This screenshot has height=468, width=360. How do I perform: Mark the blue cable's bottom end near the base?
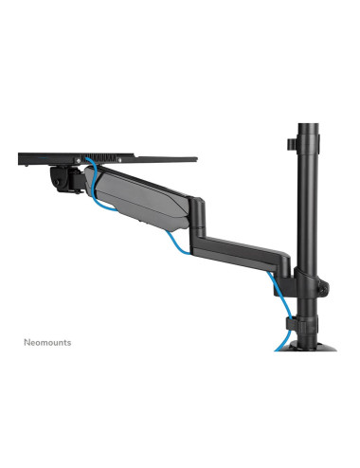point(279,347)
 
